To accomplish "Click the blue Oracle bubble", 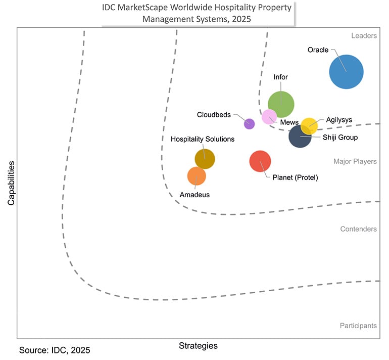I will pyautogui.click(x=346, y=71).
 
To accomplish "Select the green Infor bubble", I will pyautogui.click(x=281, y=104).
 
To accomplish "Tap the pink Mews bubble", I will pyautogui.click(x=269, y=116).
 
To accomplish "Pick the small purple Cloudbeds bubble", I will pyautogui.click(x=249, y=123).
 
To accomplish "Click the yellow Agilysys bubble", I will pyautogui.click(x=309, y=125).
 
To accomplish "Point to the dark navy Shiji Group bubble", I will pyautogui.click(x=300, y=137).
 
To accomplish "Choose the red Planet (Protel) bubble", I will pyautogui.click(x=260, y=161).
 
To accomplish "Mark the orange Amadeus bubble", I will pyautogui.click(x=197, y=176).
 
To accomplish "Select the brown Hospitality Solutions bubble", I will pyautogui.click(x=205, y=159).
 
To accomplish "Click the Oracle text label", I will pyautogui.click(x=318, y=50).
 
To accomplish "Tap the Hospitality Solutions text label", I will pyautogui.click(x=203, y=139).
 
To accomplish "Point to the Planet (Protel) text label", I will pyautogui.click(x=295, y=177).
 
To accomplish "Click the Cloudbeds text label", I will pyautogui.click(x=214, y=115).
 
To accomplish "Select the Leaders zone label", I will pyautogui.click(x=364, y=36).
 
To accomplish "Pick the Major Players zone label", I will pyautogui.click(x=355, y=162).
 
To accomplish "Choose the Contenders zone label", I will pyautogui.click(x=358, y=229).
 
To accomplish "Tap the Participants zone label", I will pyautogui.click(x=358, y=326).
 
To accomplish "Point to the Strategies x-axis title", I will pyautogui.click(x=198, y=346).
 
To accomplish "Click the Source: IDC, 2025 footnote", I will pyautogui.click(x=55, y=350).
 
